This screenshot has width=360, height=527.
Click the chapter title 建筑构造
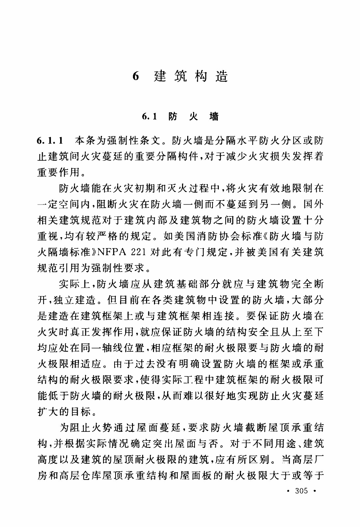pos(191,76)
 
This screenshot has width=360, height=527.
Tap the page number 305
pos(301,491)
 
